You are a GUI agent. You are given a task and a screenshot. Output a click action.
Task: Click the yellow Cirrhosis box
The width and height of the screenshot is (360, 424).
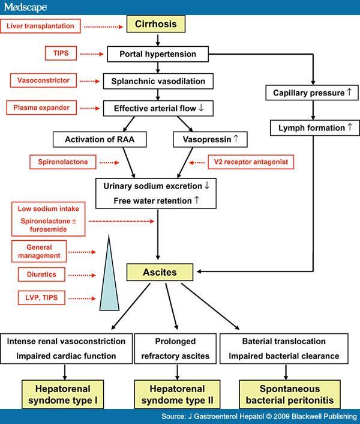(156, 24)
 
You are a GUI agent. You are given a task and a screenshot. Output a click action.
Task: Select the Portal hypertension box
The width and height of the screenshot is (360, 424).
(158, 54)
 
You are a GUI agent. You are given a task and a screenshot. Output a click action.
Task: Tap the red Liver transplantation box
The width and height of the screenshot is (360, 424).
(40, 26)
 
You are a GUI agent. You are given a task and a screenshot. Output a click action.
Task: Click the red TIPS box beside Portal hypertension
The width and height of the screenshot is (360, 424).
(61, 53)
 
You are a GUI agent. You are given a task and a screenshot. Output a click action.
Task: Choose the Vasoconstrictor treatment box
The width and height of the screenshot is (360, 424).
(43, 80)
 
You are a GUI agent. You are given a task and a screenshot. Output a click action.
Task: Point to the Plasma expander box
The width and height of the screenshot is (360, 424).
(41, 108)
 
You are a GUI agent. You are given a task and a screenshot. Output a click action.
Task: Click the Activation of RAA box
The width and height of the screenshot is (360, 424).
(100, 139)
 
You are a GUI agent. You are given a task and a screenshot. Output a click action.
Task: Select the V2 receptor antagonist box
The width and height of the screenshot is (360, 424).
(251, 162)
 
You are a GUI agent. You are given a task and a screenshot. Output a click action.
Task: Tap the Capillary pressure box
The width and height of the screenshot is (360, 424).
(312, 92)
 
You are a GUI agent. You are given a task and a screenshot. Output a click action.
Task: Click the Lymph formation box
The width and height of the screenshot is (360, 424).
(315, 128)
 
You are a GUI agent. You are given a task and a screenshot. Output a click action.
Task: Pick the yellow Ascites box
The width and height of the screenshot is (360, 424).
(160, 272)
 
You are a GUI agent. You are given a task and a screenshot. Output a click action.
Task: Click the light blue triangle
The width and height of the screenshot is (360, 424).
(109, 281)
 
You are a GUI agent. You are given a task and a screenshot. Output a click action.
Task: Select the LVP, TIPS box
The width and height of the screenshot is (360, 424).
(41, 298)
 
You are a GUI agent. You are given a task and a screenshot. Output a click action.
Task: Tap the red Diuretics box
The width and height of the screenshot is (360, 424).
(41, 274)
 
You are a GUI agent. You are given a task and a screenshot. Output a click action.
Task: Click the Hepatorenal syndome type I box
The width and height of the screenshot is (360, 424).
(62, 394)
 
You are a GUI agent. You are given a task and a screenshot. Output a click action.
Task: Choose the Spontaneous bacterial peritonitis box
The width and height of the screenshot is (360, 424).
(290, 394)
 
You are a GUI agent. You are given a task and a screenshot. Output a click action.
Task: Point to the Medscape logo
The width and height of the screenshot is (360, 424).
(26, 7)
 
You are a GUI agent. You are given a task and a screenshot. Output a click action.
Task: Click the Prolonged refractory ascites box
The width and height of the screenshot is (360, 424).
(175, 348)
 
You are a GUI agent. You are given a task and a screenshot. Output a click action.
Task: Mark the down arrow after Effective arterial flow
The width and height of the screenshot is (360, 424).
(201, 108)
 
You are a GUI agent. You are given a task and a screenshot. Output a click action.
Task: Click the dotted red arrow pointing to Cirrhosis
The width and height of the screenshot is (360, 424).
(103, 27)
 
